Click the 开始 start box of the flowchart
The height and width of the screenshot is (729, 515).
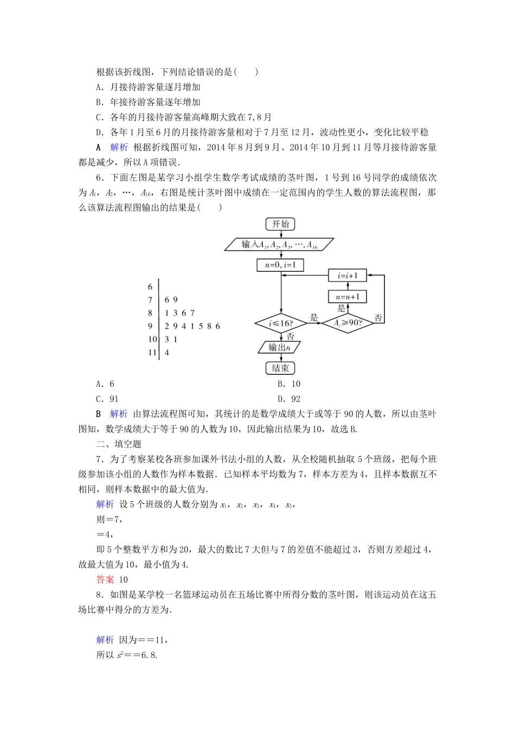pos(280,224)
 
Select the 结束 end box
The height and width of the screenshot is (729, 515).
pos(280,368)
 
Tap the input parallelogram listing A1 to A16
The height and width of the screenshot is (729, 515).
pos(280,245)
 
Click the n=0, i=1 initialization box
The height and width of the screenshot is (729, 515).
pos(280,265)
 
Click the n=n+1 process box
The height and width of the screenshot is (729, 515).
pos(347,296)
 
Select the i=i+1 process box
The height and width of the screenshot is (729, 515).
pos(347,276)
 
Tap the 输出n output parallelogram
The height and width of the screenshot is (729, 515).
pos(280,347)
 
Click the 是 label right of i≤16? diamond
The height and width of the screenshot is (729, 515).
pos(314,318)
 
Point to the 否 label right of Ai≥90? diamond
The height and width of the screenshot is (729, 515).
pos(378,317)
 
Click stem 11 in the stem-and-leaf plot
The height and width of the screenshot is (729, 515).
pos(152,353)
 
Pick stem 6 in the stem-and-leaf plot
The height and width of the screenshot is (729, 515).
pos(150,287)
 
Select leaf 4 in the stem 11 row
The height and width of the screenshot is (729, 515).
pos(167,353)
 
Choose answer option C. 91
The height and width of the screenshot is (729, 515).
pos(107,399)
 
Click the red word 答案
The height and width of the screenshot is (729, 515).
pos(105,579)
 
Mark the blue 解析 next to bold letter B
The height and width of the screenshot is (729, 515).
pos(119,414)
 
